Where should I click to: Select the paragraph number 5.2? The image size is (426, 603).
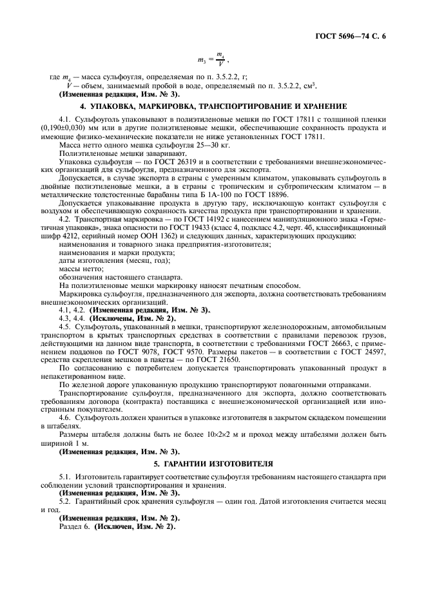64,499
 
